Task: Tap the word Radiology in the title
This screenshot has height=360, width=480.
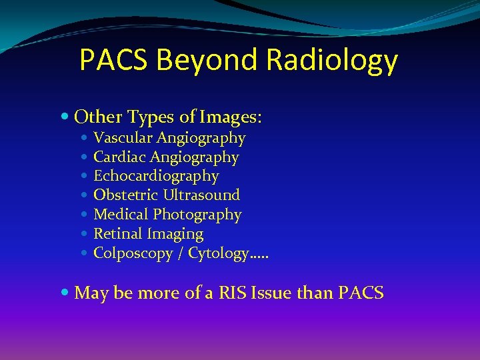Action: coord(332,61)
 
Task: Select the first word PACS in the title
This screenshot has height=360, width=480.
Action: coord(114,61)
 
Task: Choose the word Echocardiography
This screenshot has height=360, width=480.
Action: coord(156,176)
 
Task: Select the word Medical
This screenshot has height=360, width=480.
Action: coord(121,215)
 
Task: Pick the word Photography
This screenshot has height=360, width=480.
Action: coord(197,215)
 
